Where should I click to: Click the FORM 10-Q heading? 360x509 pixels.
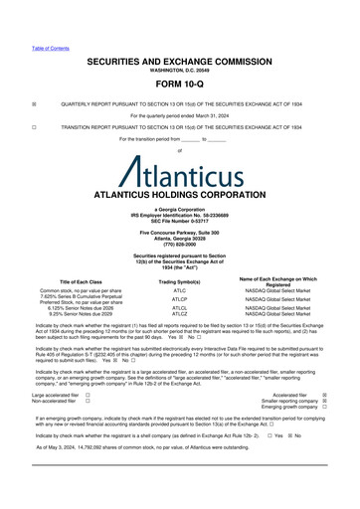point(179,84)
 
